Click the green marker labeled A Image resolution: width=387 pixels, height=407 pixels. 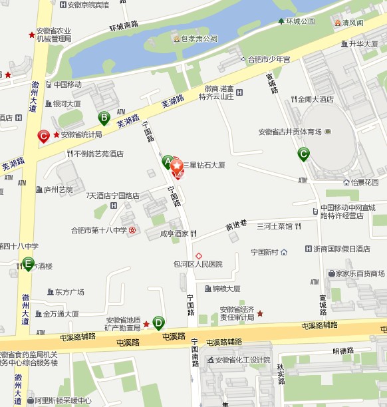tap(168, 161)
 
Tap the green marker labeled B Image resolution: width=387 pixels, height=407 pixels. tap(104, 118)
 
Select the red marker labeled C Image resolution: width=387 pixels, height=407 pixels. tap(44, 136)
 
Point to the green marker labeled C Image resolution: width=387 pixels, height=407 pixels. tap(303, 154)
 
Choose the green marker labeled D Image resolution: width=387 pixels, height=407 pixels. tap(158, 323)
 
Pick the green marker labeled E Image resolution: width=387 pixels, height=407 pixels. tap(28, 263)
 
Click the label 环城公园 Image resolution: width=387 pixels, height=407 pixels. tap(300, 21)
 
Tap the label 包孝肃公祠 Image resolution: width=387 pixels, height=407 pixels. tap(199, 39)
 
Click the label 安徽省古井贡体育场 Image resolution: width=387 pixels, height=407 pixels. tap(290, 132)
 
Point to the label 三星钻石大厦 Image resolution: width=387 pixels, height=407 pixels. tap(204, 164)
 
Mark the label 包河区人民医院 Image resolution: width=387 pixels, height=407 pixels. tap(197, 264)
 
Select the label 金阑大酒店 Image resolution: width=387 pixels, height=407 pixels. tap(315, 99)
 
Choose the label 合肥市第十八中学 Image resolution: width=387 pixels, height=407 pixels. tap(99, 231)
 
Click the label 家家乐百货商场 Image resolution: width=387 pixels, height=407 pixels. tap(360, 273)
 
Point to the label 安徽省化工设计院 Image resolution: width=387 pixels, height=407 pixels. tap(242, 360)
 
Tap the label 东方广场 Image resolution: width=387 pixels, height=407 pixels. tap(69, 292)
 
